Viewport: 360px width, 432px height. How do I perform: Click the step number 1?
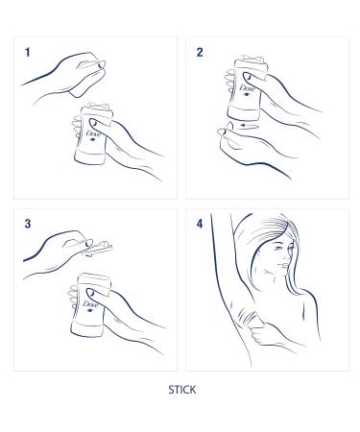[x=28, y=54]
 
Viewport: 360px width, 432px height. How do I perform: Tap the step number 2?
[x=200, y=53]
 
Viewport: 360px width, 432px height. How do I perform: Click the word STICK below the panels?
[x=180, y=392]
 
